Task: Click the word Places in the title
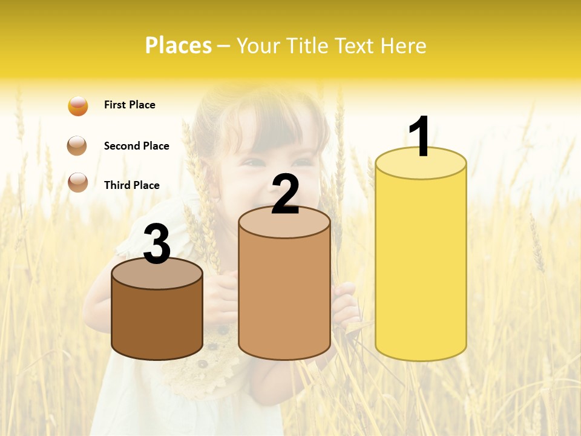[178, 45]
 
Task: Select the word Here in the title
[405, 45]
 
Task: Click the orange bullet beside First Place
[78, 105]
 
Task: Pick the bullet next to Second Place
[77, 146]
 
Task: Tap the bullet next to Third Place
[77, 182]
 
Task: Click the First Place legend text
[130, 105]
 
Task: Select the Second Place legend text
[136, 146]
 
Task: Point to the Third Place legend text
[131, 185]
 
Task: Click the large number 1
[420, 137]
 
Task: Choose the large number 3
[157, 244]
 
